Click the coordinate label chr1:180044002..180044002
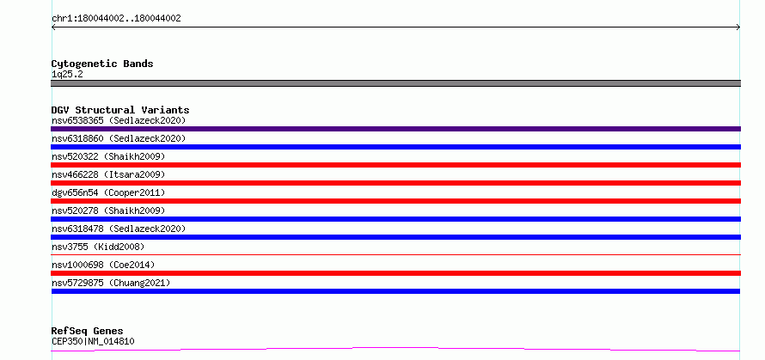pos(116,19)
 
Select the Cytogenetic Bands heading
pos(102,64)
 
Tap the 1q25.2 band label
pos(67,75)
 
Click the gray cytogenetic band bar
pos(395,83)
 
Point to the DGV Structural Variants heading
pos(120,110)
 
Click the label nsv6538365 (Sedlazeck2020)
pos(119,120)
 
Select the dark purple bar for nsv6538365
pos(395,129)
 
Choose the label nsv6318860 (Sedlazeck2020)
pos(119,138)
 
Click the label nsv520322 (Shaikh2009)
pos(108,156)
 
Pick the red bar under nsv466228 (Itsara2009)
pos(395,183)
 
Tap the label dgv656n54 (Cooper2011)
pos(108,192)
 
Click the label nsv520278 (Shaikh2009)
pos(108,211)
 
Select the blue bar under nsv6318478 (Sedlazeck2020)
pos(395,237)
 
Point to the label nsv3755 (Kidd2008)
pos(98,247)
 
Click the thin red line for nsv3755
pos(395,254)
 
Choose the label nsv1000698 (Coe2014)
pos(103,265)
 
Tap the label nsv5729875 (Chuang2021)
pos(111,283)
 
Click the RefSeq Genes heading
pos(88,332)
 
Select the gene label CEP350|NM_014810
pos(93,341)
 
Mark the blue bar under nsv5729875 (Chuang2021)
pos(395,291)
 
